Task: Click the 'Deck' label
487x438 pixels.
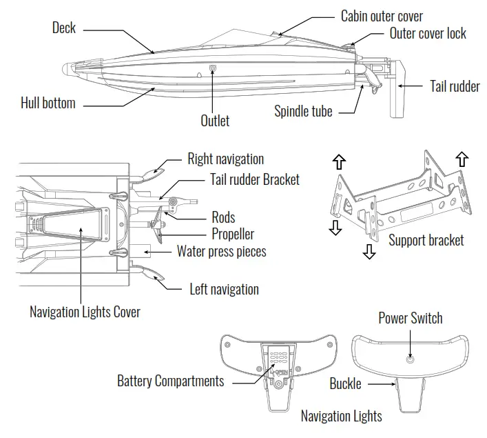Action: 64,28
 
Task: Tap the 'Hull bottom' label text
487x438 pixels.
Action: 48,103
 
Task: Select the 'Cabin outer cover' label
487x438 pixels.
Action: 382,16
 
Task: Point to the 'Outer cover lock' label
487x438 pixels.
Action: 428,33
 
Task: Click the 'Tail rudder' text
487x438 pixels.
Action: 455,86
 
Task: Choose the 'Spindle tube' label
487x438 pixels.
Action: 303,111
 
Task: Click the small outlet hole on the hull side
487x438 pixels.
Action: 213,68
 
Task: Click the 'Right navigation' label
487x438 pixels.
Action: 225,159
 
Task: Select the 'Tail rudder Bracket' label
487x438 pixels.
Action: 254,179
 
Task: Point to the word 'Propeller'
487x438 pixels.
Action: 233,235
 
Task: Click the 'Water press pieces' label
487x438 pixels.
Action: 221,251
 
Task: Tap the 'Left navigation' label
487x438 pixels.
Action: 224,289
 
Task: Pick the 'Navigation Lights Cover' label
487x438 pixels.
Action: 85,312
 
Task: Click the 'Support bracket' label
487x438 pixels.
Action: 426,240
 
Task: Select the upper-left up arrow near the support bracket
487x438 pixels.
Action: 338,161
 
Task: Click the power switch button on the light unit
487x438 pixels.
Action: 411,359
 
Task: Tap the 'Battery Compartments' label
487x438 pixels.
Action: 170,381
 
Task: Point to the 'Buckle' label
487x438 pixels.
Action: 345,384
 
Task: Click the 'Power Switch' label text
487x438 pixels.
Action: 411,318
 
